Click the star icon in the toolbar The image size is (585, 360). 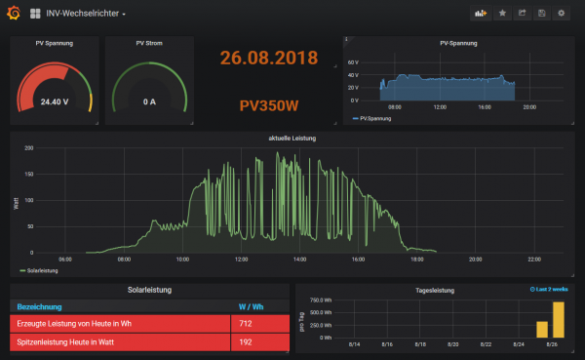pyautogui.click(x=503, y=14)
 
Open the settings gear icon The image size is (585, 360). pyautogui.click(x=561, y=14)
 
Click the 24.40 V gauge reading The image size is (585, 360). pyautogui.click(x=55, y=101)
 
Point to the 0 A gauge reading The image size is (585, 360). pyautogui.click(x=150, y=101)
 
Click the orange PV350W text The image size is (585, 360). pyautogui.click(x=269, y=103)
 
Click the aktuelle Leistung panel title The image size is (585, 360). pyautogui.click(x=292, y=139)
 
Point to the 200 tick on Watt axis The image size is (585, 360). pyautogui.click(x=29, y=149)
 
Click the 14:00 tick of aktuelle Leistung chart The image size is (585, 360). pyautogui.click(x=299, y=260)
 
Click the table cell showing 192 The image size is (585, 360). pyautogui.click(x=247, y=342)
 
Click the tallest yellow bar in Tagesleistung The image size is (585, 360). pyautogui.click(x=559, y=318)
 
